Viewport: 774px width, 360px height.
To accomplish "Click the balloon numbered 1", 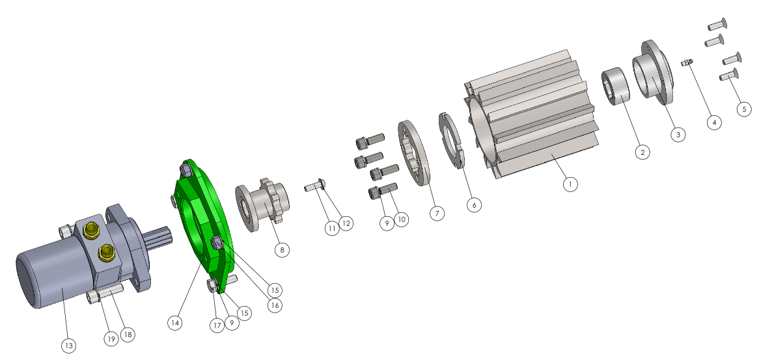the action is point(570,185).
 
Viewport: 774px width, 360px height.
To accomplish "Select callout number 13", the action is point(68,346).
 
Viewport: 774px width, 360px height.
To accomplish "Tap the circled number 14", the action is point(174,323).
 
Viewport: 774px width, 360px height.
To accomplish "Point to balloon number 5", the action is point(745,109).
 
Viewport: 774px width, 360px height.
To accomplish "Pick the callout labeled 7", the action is point(437,214).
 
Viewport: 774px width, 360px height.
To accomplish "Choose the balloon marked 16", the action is point(275,306).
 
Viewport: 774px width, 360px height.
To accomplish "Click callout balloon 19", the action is point(111,339).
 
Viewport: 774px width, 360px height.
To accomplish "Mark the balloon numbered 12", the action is point(346,224).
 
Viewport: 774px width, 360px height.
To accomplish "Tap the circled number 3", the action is point(678,134).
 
